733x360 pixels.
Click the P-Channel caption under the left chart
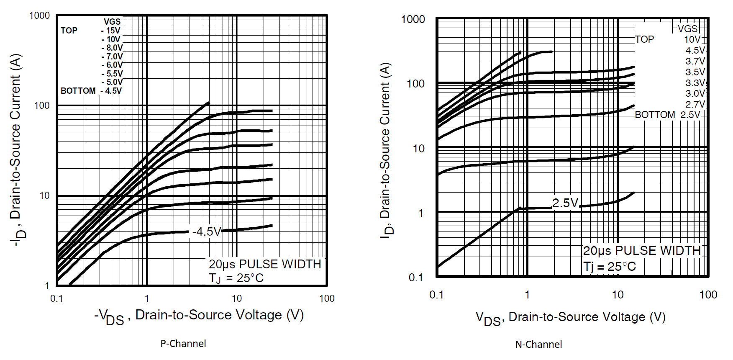click(x=183, y=344)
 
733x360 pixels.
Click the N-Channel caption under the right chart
click(x=538, y=345)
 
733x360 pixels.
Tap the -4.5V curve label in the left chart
click(x=206, y=231)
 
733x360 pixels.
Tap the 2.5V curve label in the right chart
click(x=565, y=203)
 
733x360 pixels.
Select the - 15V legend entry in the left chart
click(x=111, y=31)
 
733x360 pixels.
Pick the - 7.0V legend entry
click(x=112, y=57)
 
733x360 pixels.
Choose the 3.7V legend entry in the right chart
click(x=695, y=61)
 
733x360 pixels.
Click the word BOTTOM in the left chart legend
click(x=78, y=91)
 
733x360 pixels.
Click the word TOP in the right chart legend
click(x=644, y=39)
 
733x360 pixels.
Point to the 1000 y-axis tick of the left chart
click(x=39, y=16)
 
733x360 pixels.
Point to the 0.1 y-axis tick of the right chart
click(x=416, y=278)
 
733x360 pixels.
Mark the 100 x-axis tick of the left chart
click(x=327, y=298)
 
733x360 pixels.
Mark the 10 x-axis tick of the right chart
click(x=618, y=295)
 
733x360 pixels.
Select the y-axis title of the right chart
click(x=386, y=151)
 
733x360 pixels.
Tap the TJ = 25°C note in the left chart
click(x=236, y=278)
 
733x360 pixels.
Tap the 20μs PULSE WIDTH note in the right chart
click(x=642, y=251)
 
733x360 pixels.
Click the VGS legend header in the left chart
click(x=112, y=22)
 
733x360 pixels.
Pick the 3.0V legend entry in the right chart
click(x=695, y=93)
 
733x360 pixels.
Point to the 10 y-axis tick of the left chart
click(x=44, y=195)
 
